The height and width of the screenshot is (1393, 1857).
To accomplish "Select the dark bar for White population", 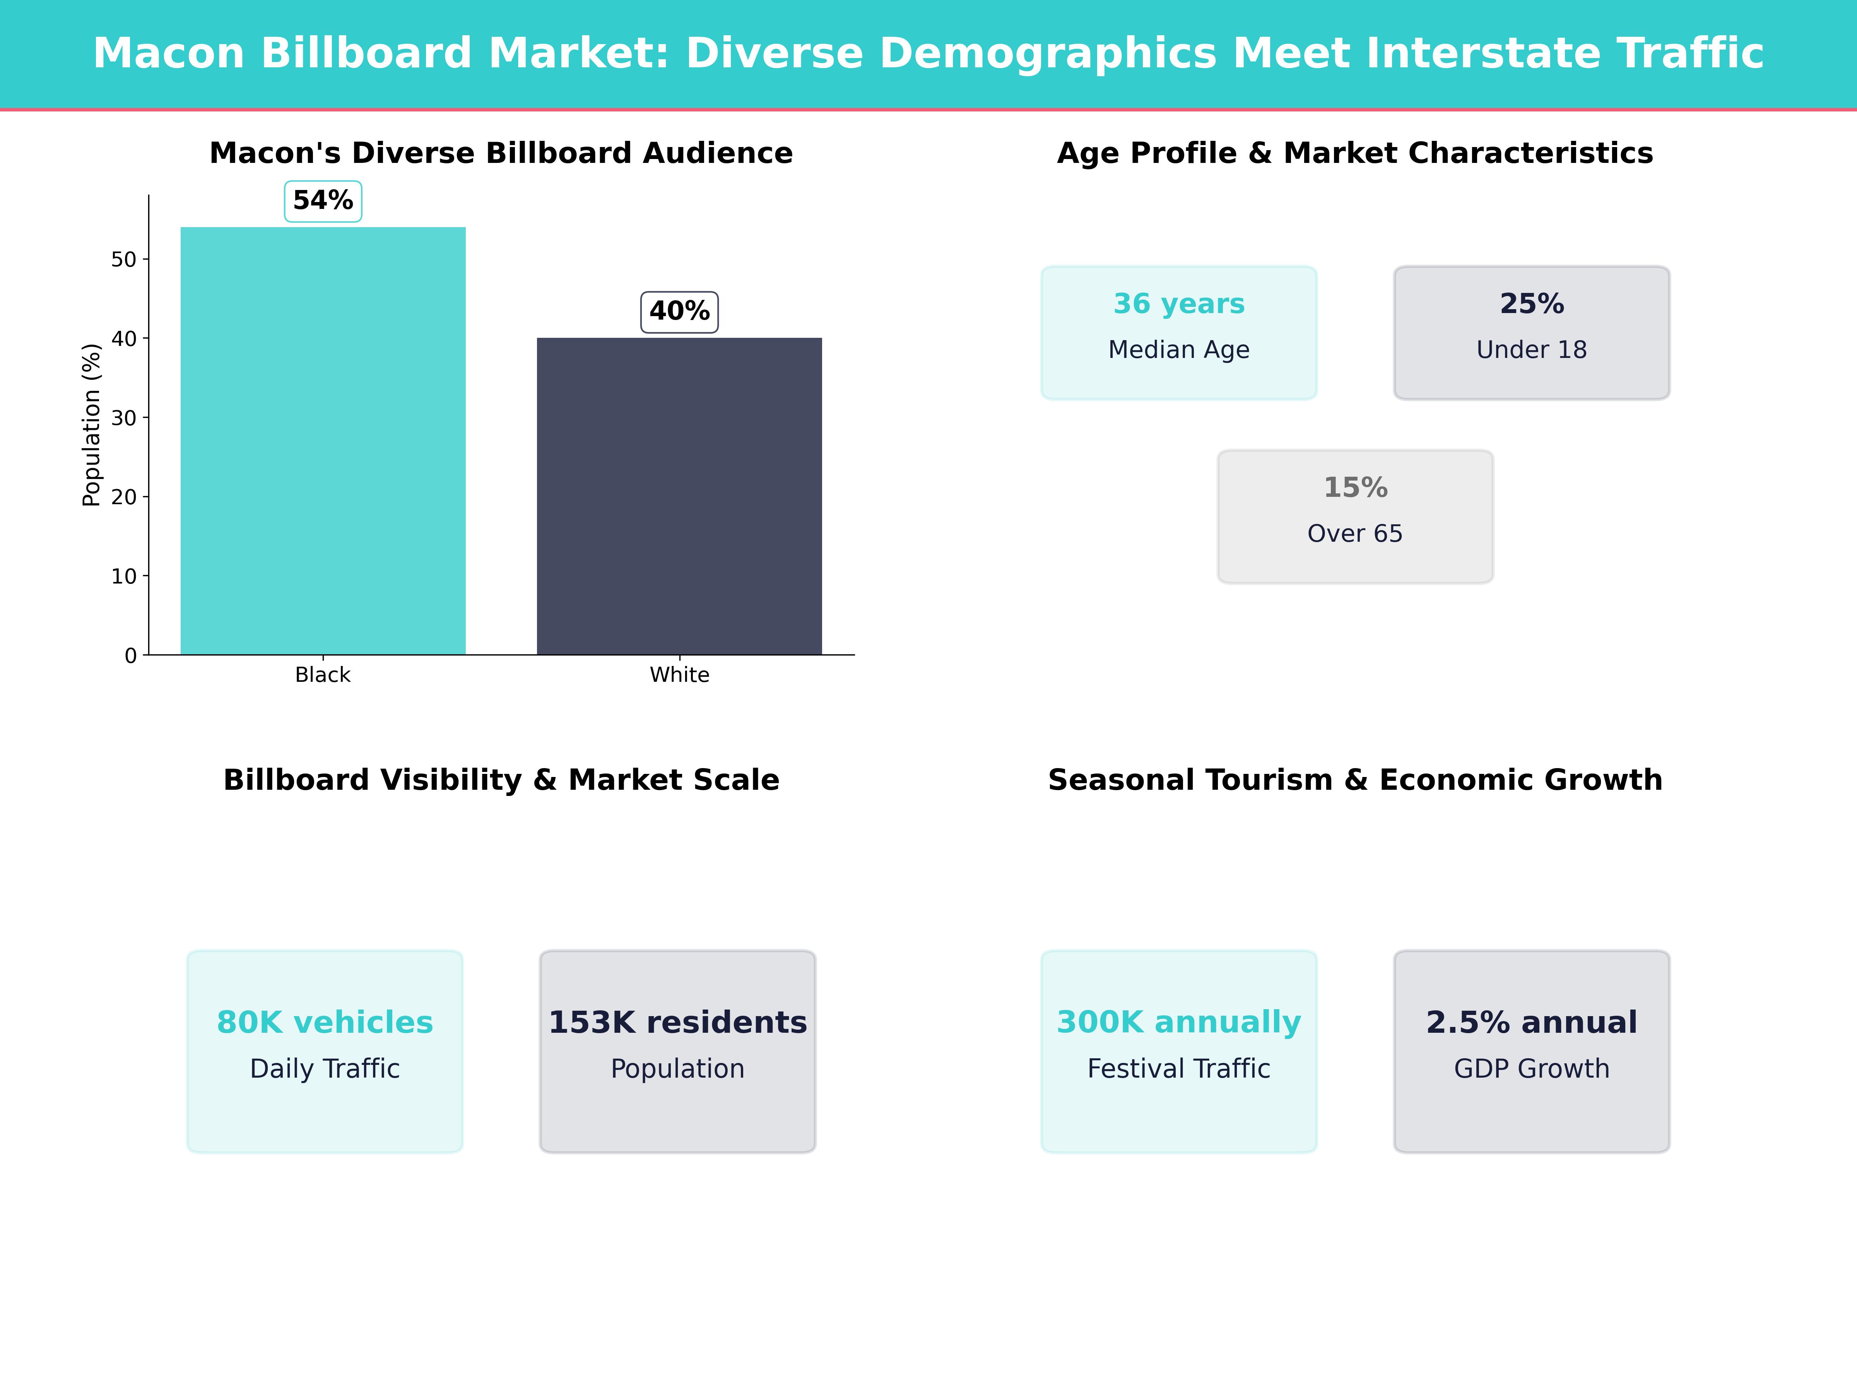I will (x=679, y=495).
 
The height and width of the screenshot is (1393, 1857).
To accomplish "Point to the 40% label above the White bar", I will (x=679, y=311).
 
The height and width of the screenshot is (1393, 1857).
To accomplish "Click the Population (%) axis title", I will (x=92, y=425).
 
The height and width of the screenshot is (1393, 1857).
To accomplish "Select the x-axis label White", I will (x=679, y=675).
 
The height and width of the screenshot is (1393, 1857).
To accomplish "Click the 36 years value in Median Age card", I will (x=1179, y=304).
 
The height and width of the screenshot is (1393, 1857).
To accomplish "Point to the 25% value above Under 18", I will (x=1531, y=304).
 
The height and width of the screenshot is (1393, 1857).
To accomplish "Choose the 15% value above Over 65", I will (x=1355, y=488).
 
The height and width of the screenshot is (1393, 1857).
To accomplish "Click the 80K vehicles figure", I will (x=325, y=1023).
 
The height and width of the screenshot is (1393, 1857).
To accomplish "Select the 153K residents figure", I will (x=677, y=1023).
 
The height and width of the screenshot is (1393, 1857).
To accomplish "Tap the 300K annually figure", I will (x=1179, y=1023).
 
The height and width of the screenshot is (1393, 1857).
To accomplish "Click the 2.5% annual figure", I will (x=1531, y=1023).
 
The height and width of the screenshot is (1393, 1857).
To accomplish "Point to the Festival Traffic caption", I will (x=1179, y=1069).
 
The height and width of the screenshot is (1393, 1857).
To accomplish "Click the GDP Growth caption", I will (x=1531, y=1069).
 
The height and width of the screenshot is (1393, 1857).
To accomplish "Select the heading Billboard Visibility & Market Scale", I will (x=501, y=780).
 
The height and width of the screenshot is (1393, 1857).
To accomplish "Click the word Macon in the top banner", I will (x=168, y=54).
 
